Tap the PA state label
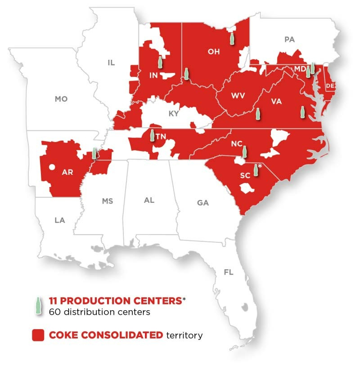[289, 40]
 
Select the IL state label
[111, 63]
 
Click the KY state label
[174, 114]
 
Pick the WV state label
[238, 96]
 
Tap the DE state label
[330, 85]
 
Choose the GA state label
[203, 203]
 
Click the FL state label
[229, 272]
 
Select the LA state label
[59, 220]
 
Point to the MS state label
[107, 201]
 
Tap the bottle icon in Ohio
[232, 38]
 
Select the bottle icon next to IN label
[159, 62]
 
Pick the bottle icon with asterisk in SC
[256, 170]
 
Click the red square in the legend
[38, 335]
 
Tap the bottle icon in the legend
[38, 306]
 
